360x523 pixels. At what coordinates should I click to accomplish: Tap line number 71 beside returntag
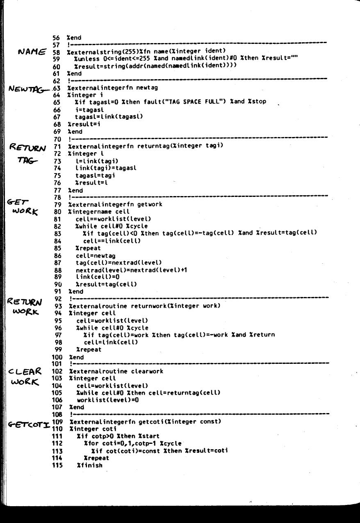(x=58, y=146)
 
